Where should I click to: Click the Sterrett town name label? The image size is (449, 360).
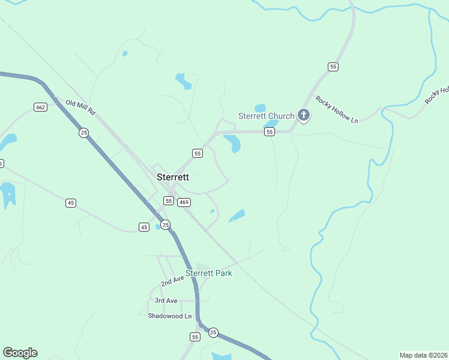173,177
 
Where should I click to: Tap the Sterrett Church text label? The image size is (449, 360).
266,116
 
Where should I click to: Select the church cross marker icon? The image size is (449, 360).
304,115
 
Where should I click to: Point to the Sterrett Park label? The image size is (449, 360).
208,273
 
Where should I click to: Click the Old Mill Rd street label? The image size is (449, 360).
81,108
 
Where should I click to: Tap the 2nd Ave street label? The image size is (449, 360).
172,281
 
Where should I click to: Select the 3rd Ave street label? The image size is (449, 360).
166,300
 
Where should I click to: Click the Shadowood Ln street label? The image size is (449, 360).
170,316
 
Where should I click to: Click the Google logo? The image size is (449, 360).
20,353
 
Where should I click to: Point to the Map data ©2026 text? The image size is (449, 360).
423,355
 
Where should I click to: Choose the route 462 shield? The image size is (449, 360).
40,107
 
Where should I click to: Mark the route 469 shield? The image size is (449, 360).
184,202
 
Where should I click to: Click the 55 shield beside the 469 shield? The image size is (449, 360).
169,201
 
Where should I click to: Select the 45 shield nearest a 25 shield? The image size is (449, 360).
144,227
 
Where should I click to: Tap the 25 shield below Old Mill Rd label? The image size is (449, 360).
84,133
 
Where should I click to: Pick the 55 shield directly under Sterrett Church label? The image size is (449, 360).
270,132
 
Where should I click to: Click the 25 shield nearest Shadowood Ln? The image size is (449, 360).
213,332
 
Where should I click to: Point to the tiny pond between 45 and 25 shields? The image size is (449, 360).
158,227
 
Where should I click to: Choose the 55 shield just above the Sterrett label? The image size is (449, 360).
197,154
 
